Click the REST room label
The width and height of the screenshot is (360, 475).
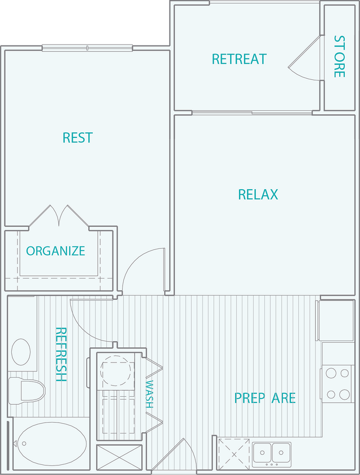click(x=78, y=137)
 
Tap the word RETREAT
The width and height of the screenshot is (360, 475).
click(x=238, y=59)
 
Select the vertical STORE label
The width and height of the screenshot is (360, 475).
click(x=339, y=56)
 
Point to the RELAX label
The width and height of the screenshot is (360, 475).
click(x=258, y=194)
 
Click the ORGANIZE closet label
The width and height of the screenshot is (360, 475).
click(x=56, y=251)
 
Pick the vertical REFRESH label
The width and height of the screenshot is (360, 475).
click(x=61, y=355)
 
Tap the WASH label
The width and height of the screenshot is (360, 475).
click(x=150, y=394)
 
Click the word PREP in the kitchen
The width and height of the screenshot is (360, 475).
click(x=250, y=398)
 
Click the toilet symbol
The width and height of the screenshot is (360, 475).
click(x=26, y=390)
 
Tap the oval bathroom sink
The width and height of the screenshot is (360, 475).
click(x=21, y=352)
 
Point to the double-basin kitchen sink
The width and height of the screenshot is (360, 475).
click(x=272, y=451)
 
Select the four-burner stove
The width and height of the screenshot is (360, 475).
click(x=337, y=383)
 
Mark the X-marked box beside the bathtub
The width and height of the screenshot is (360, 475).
click(x=119, y=457)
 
